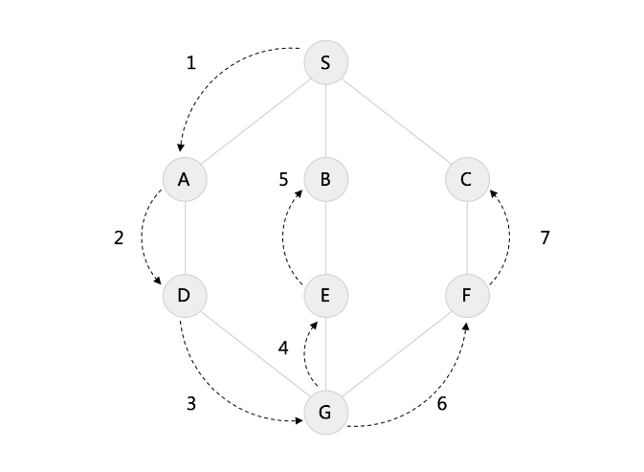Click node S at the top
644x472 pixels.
(x=325, y=63)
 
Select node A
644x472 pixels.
(x=184, y=179)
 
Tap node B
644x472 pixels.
(x=325, y=179)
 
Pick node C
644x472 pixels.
(x=467, y=179)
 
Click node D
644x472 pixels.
(x=184, y=296)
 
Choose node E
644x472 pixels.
(x=325, y=296)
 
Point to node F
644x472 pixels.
(x=467, y=296)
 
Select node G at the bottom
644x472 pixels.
(x=325, y=413)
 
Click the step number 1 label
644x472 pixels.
(x=190, y=64)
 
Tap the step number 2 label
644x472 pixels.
(x=119, y=238)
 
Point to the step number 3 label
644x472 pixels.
(x=190, y=404)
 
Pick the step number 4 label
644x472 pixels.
(x=283, y=348)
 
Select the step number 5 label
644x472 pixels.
(x=284, y=179)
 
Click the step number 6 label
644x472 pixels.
(x=441, y=404)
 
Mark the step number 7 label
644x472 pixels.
(x=544, y=238)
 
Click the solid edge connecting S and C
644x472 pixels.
(x=396, y=122)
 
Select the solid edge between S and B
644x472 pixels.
(x=325, y=122)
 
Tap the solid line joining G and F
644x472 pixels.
(x=396, y=354)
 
